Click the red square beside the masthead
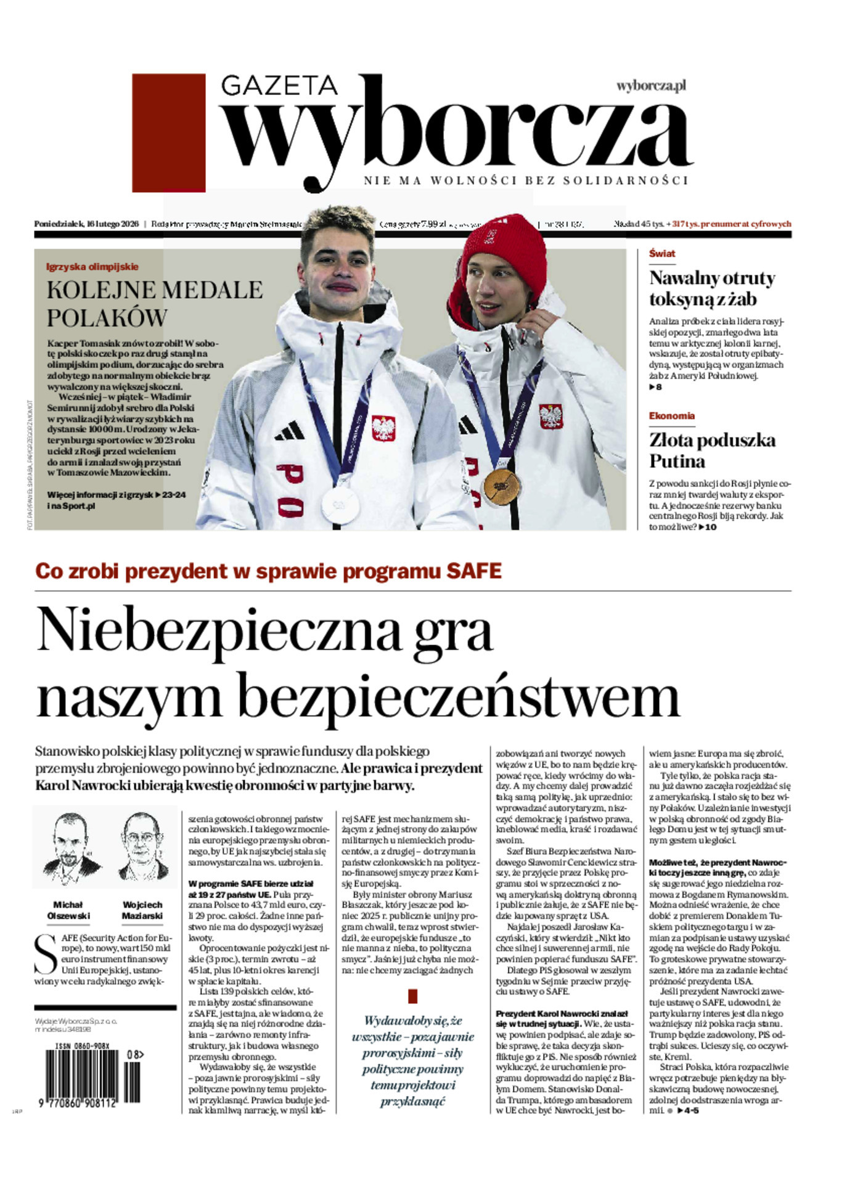[x=168, y=133]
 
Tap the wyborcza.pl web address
[x=651, y=86]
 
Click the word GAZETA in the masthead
[x=279, y=86]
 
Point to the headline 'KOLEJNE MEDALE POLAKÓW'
[x=155, y=304]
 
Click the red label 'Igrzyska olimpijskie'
[x=92, y=267]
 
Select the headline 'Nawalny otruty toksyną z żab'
[x=712, y=288]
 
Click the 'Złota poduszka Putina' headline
[x=712, y=450]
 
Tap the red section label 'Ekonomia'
[x=671, y=416]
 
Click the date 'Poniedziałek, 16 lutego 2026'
[x=86, y=224]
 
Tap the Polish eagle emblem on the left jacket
[x=383, y=428]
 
